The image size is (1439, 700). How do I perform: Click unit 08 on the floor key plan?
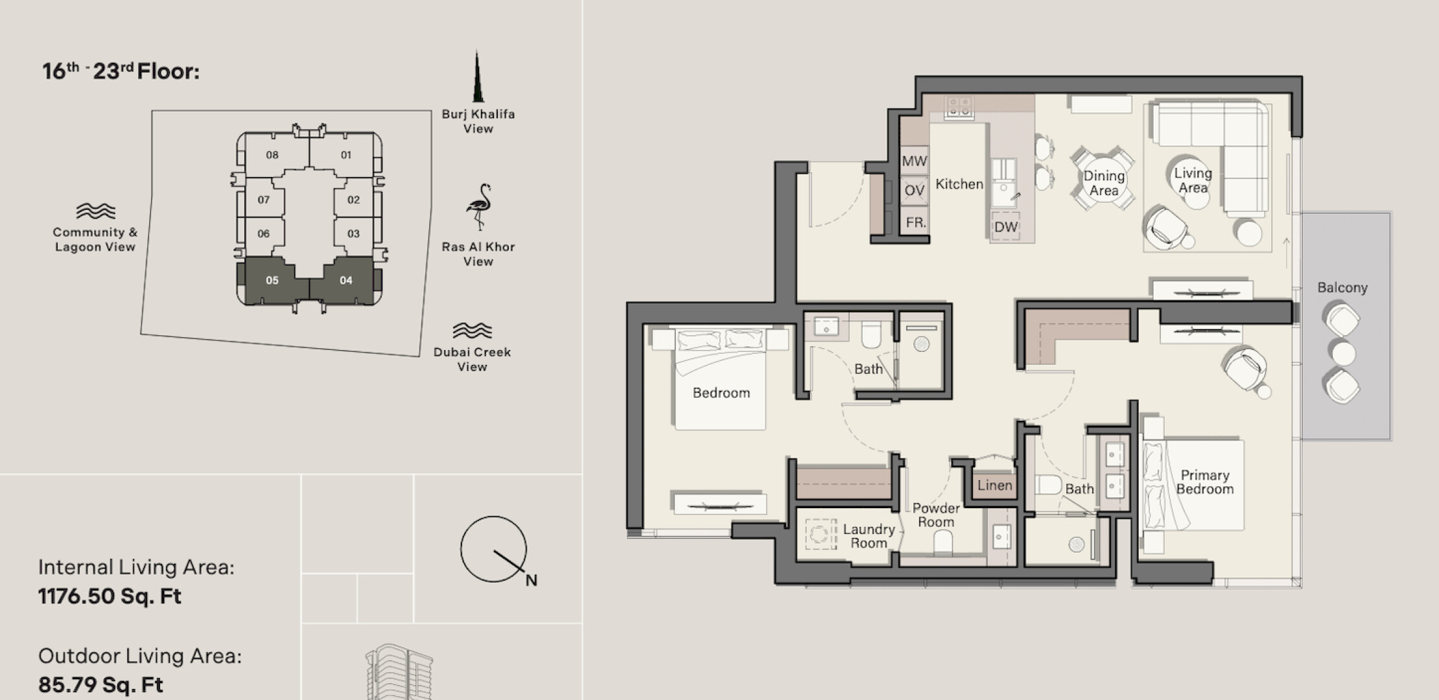point(273,155)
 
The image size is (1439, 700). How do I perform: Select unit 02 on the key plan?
point(353,200)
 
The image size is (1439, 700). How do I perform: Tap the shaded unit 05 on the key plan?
point(272,280)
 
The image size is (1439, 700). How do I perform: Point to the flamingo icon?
point(479,207)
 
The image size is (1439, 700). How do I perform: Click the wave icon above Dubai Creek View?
point(472,331)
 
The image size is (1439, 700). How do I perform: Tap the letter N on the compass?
point(532,580)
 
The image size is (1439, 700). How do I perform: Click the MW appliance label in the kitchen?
point(914,161)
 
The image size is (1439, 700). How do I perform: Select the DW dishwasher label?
point(1006,227)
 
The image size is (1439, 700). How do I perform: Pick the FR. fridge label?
point(915,222)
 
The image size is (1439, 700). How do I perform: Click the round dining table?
point(1103,183)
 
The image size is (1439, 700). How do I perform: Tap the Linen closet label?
point(994,485)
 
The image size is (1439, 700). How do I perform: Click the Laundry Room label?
point(869,536)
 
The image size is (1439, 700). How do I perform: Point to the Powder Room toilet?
point(943,543)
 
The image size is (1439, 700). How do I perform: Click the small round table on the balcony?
point(1343,354)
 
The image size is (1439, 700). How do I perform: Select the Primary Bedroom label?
point(1204,482)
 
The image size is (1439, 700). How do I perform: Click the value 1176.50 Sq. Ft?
point(110,596)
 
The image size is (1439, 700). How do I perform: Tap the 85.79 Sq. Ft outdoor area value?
point(100,684)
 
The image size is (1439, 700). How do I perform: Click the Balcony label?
point(1342,288)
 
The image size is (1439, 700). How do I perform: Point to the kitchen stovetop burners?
point(959,107)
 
